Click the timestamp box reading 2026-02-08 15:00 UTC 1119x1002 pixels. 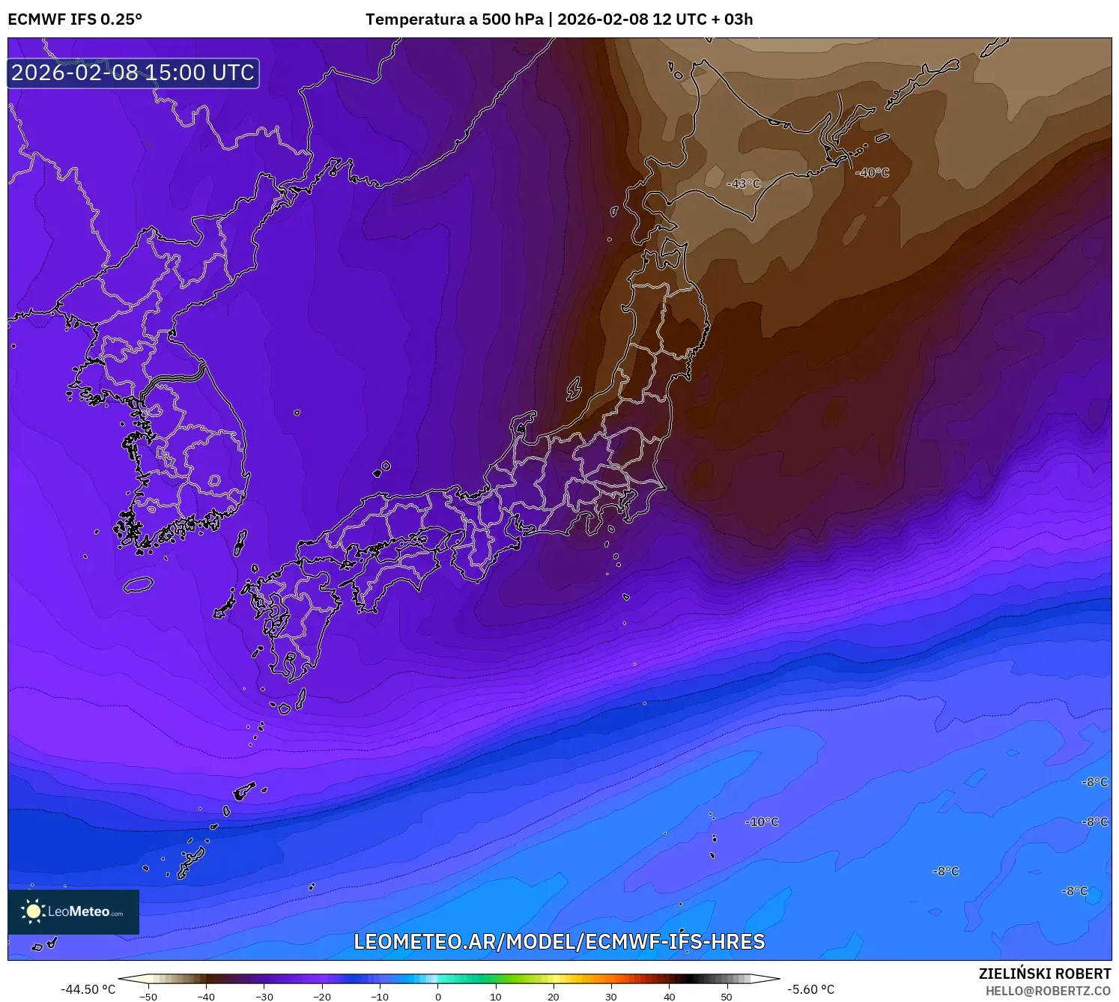(133, 73)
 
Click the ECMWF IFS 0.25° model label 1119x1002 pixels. (75, 19)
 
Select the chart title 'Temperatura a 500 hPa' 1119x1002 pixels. (454, 19)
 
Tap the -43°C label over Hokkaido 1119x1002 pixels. (743, 183)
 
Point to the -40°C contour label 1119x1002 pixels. (872, 172)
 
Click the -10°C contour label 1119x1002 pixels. (762, 822)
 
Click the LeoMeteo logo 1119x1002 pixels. (73, 911)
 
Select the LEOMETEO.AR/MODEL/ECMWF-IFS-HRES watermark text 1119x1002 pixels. (559, 941)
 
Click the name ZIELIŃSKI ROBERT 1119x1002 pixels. (1045, 974)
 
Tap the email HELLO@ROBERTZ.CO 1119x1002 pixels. (1048, 991)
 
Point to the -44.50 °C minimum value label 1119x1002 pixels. (88, 989)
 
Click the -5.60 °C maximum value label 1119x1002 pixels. (810, 989)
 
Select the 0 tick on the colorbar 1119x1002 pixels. (438, 997)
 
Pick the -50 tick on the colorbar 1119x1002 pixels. (148, 997)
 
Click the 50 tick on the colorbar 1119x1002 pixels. (727, 997)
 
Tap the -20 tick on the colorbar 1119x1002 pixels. (322, 997)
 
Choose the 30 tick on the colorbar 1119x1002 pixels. (611, 997)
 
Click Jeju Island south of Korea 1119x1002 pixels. (139, 584)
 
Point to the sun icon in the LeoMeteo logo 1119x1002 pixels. (33, 911)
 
